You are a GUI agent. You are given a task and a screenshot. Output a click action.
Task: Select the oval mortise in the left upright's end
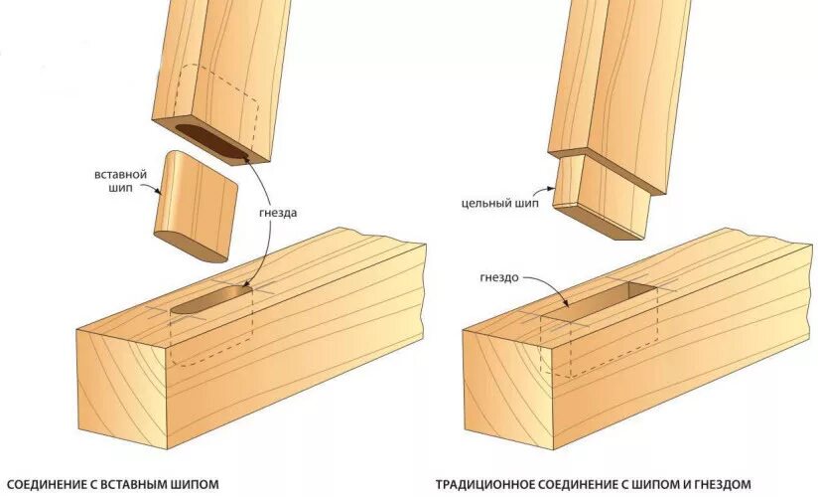212,139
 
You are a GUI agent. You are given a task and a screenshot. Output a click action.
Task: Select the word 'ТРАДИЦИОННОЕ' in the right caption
482,484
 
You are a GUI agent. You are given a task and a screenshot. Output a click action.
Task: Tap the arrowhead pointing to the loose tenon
158,190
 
